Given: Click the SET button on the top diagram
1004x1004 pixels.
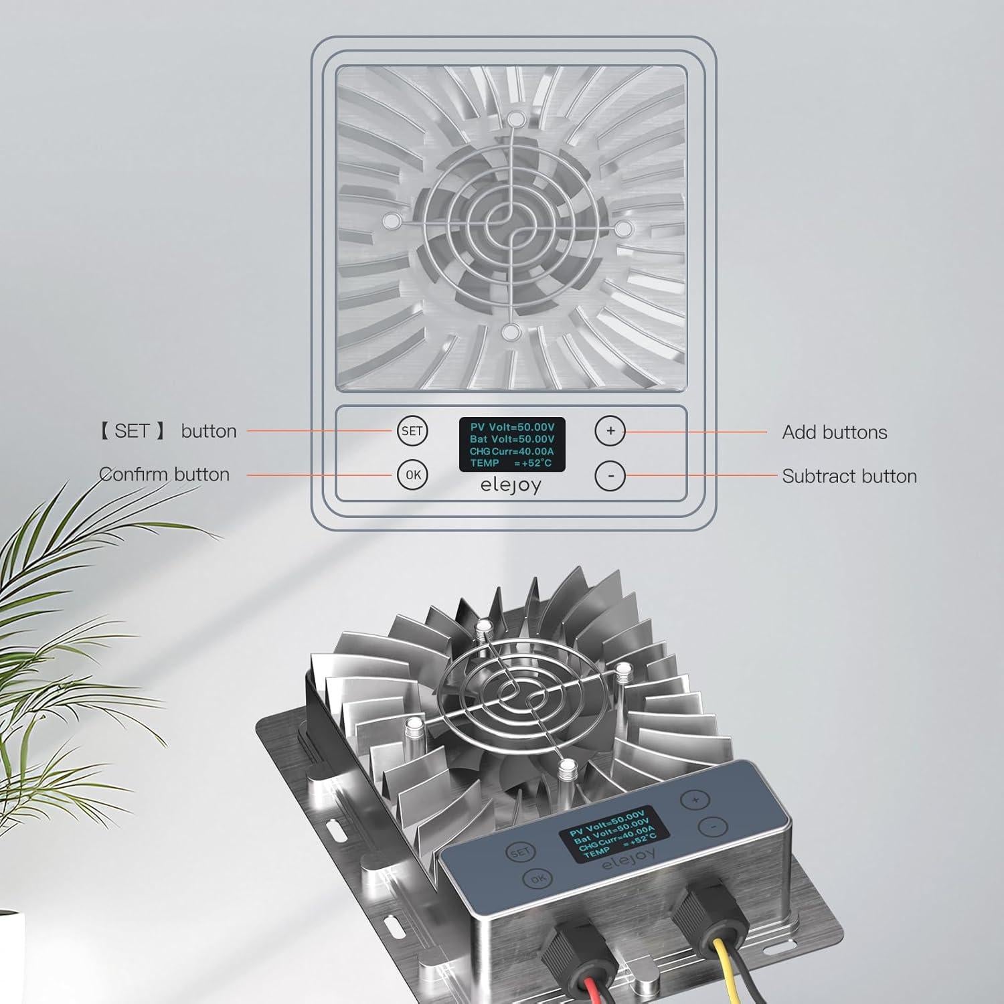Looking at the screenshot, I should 412,431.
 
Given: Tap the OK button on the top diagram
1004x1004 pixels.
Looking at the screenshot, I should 412,475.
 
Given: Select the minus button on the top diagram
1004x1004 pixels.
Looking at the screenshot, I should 610,476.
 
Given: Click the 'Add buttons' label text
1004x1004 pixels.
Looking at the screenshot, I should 834,432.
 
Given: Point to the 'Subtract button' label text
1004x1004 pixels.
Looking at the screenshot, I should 849,477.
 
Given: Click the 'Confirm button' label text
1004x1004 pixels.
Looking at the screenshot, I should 165,475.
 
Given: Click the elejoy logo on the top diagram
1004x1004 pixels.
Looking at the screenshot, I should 511,485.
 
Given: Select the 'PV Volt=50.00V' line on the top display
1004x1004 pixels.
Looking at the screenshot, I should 512,427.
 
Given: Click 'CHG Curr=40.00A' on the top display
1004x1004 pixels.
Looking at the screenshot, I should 511,451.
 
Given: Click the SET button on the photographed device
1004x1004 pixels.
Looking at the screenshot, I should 520,853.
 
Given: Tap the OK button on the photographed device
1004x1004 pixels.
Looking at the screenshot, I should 537,879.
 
